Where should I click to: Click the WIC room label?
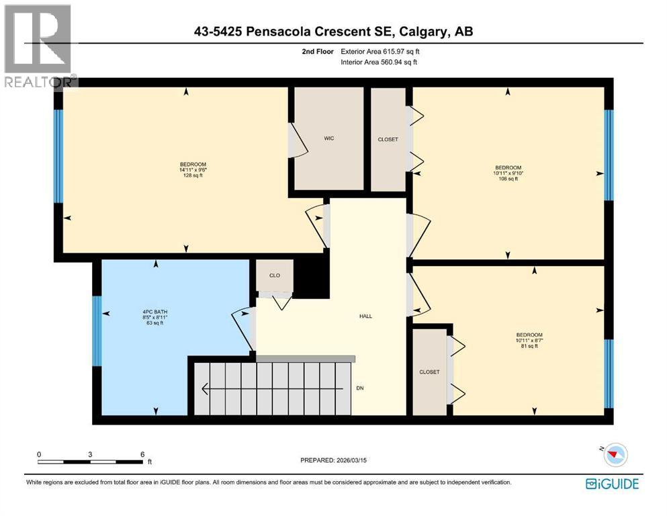pos(329,138)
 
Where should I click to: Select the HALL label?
pos(365,316)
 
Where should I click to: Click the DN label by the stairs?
pos(360,388)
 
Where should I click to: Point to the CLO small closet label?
pos(274,275)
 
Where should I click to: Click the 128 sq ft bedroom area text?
pos(192,176)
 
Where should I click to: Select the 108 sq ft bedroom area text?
pos(508,179)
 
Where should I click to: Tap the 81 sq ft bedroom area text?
pos(528,346)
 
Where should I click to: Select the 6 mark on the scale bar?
pos(142,454)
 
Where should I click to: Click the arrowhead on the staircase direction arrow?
pos(205,388)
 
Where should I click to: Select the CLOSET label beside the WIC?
pos(388,139)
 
